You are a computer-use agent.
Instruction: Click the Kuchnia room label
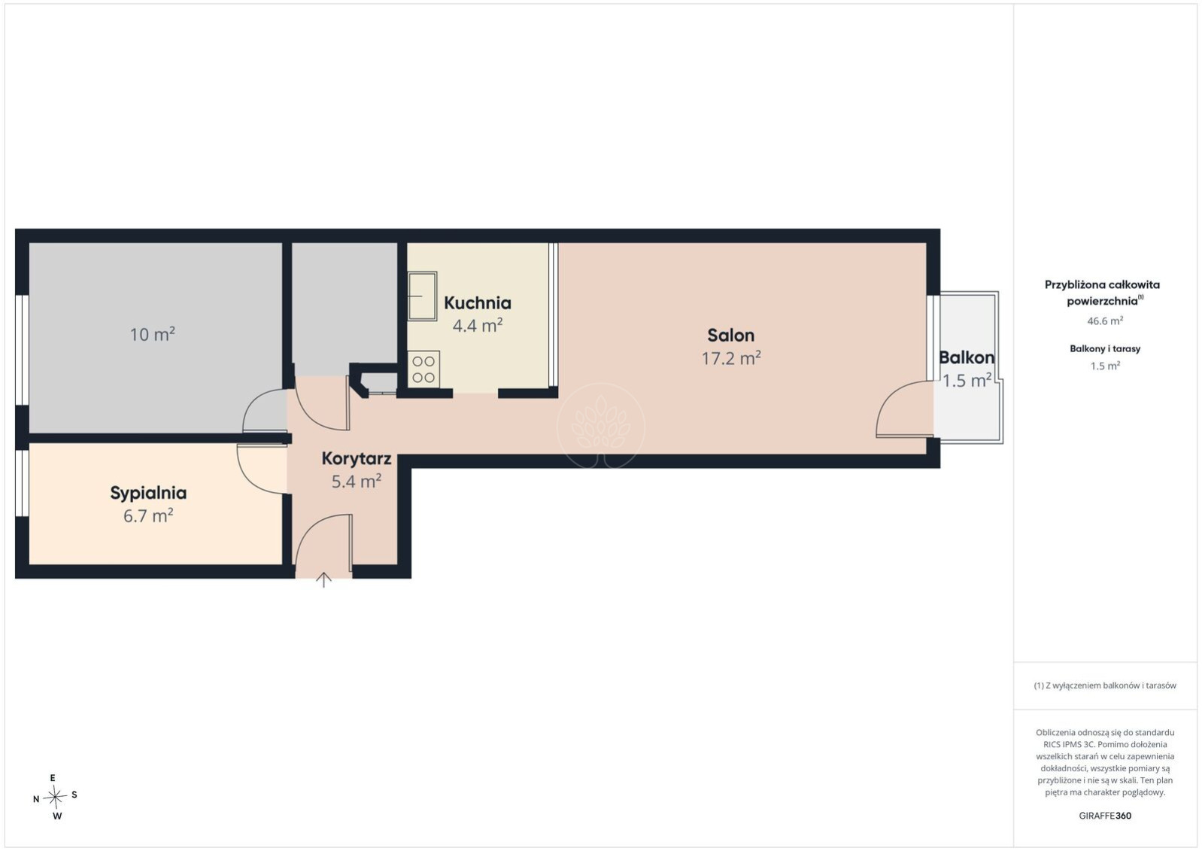coord(477,302)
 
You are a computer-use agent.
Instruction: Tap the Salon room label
coord(730,335)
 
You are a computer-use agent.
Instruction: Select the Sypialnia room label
coord(148,494)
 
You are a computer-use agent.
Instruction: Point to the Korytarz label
coord(357,459)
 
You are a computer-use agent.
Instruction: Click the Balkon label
coord(967,357)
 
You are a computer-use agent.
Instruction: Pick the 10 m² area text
coord(153,335)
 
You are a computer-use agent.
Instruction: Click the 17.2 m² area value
coord(731,358)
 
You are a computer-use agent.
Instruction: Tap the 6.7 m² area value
coord(148,516)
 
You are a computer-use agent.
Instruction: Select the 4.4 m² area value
coord(477,325)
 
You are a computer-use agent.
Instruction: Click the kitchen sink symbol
coord(422,296)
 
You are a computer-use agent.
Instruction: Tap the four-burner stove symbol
coord(423,369)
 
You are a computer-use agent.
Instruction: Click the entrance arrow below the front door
coord(323,580)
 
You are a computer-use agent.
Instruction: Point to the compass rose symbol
coord(55,797)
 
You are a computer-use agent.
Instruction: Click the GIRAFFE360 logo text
coord(1105,816)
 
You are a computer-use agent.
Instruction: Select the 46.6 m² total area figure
coord(1105,321)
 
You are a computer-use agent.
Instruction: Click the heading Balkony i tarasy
coord(1105,349)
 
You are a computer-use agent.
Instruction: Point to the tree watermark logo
coord(600,425)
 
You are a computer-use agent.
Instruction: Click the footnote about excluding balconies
coord(1105,685)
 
